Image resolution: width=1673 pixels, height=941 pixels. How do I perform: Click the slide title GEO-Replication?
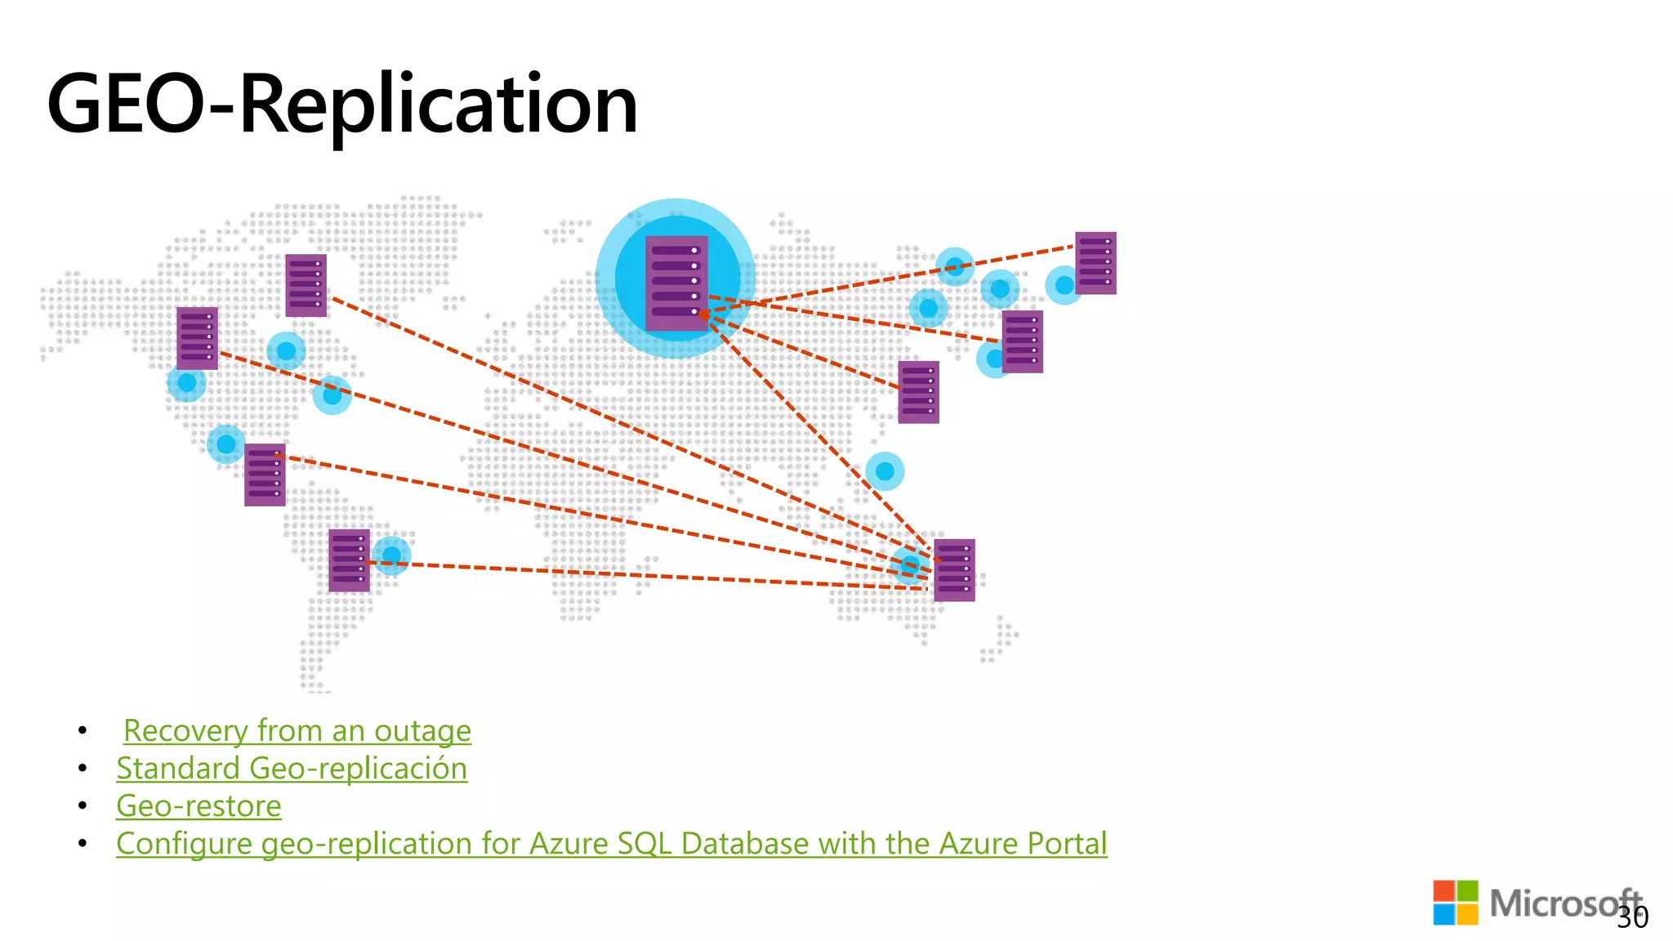tap(343, 105)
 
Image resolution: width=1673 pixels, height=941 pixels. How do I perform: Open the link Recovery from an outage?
tap(297, 730)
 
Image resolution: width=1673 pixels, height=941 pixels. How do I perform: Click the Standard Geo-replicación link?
tap(292, 769)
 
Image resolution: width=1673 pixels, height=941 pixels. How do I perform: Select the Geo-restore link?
tap(199, 806)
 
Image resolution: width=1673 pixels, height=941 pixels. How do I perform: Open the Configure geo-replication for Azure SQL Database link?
tap(611, 844)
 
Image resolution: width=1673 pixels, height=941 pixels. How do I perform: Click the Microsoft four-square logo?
tap(1455, 903)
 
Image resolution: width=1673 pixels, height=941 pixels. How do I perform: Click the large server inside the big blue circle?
tap(676, 283)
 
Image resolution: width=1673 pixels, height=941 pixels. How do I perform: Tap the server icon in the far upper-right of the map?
tap(1095, 263)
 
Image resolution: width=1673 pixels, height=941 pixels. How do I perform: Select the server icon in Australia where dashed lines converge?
tap(954, 570)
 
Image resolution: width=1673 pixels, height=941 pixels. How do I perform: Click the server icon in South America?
tap(349, 560)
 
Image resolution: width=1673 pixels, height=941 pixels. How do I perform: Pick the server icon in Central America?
tap(265, 475)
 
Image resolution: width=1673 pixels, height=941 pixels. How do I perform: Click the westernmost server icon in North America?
tap(197, 338)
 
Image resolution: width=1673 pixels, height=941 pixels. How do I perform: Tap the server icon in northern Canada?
tap(306, 285)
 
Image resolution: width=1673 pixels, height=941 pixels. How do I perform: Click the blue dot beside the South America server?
tap(392, 555)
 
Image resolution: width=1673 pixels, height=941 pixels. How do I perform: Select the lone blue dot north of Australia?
tap(885, 471)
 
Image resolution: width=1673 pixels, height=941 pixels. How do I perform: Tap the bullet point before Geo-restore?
tap(83, 806)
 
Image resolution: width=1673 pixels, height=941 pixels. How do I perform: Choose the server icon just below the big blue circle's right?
tap(918, 392)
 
